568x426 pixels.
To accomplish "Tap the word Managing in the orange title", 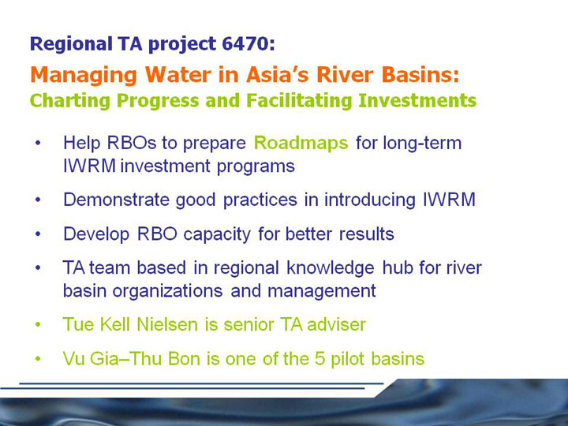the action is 84,76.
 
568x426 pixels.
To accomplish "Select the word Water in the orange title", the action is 178,75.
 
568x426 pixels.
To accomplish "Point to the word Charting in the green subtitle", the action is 70,101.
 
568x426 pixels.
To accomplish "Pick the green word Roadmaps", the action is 301,144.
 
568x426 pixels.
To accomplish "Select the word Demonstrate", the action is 116,200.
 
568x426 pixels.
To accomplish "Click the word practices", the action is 260,200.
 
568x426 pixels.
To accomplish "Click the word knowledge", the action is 331,268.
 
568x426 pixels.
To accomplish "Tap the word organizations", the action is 167,291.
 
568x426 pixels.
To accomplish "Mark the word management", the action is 322,291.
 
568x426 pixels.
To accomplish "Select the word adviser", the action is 337,324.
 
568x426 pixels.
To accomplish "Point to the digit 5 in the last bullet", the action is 319,359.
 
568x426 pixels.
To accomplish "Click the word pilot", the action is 347,360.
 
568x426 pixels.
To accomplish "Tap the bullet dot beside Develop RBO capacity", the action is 38,234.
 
